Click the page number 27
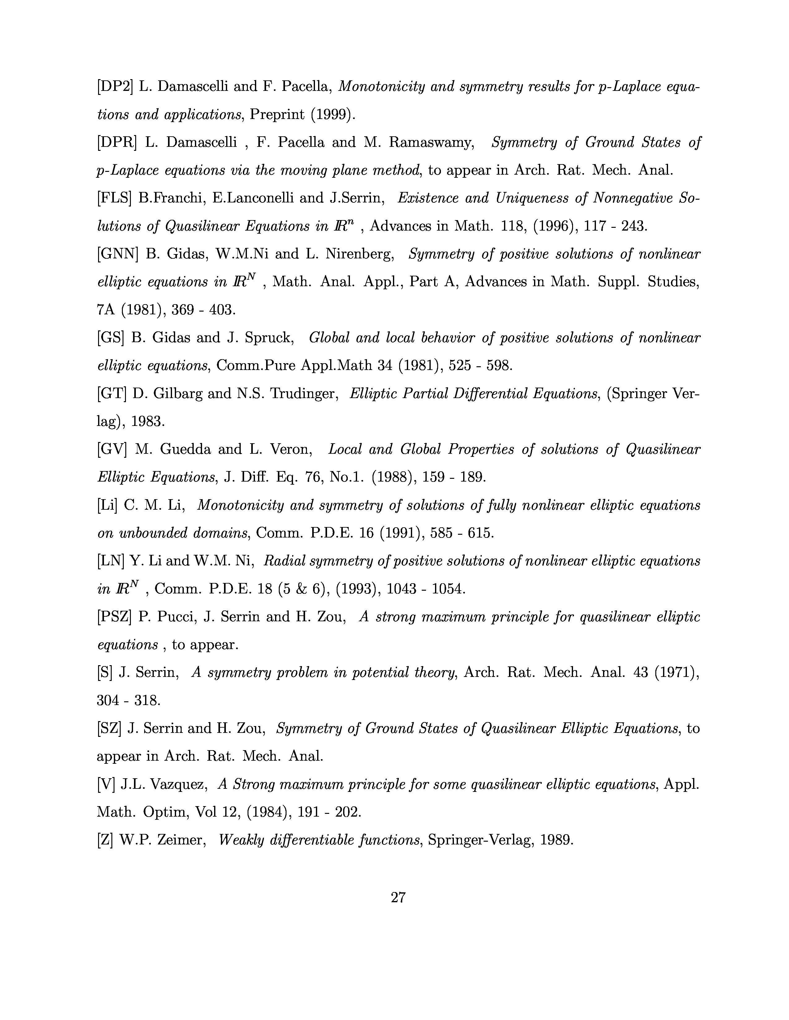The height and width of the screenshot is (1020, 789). pos(398,897)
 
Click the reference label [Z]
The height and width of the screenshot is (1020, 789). pos(105,840)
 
